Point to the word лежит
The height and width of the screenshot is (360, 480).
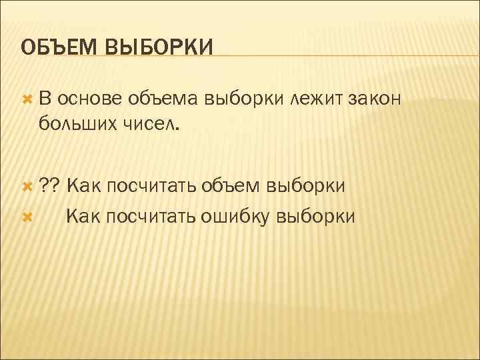(316, 99)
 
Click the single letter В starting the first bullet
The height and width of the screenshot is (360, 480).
(44, 99)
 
